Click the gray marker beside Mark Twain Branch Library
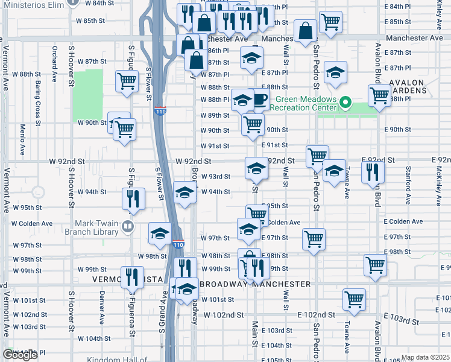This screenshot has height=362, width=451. [127, 226]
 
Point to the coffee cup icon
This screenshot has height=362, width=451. [259, 100]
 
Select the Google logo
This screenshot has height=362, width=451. [20, 355]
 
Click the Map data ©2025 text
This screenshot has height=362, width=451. [424, 357]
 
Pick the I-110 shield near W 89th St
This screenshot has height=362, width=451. [160, 111]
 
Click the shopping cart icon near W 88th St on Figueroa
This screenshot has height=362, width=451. [127, 81]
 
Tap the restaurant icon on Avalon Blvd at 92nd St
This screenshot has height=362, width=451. [373, 171]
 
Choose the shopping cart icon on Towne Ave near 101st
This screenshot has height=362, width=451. [354, 299]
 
